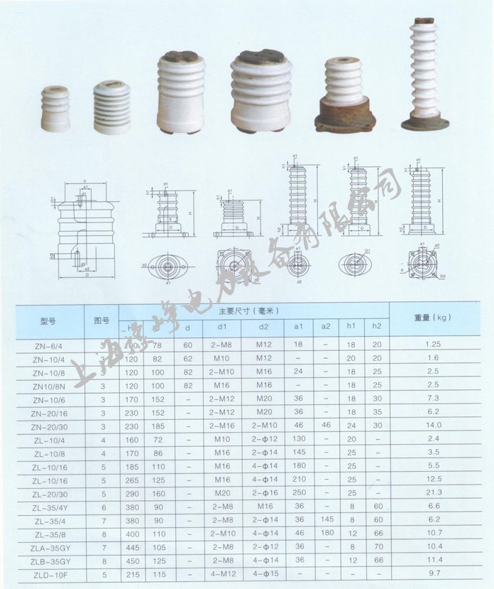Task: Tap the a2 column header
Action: pyautogui.click(x=326, y=327)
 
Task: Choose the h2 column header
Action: pyautogui.click(x=377, y=327)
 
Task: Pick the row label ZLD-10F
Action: pyautogui.click(x=45, y=573)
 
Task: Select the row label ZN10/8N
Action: pyautogui.click(x=45, y=384)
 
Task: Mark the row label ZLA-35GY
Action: pyautogui.click(x=45, y=546)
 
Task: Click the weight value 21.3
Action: pyautogui.click(x=434, y=492)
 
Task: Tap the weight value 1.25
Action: pyautogui.click(x=434, y=345)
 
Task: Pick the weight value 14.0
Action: pyautogui.click(x=434, y=425)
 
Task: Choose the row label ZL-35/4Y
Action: pyautogui.click(x=45, y=506)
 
